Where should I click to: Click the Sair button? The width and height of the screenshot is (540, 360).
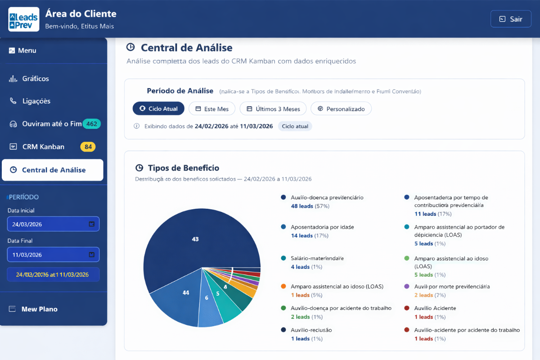coord(511,19)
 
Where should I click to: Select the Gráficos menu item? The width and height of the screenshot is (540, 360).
coord(36,79)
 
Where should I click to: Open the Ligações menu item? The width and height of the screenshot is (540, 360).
coord(36,101)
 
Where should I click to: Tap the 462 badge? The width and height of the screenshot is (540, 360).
coord(92,124)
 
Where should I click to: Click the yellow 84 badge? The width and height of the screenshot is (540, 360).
coord(88,147)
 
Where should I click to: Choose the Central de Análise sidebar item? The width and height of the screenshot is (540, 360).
coord(53,170)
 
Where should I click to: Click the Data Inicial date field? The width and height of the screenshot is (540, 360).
coord(53,224)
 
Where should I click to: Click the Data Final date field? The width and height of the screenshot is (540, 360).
coord(53,255)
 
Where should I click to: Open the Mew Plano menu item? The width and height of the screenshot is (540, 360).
coord(40,309)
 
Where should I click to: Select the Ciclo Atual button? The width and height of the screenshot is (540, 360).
coord(158,109)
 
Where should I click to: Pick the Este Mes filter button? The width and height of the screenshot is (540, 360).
coord(212,109)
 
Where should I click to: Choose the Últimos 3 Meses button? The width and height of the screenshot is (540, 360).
coord(273,109)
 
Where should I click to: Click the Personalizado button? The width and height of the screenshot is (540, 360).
coord(341,109)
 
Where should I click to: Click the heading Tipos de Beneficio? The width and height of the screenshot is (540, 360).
coord(183,168)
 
